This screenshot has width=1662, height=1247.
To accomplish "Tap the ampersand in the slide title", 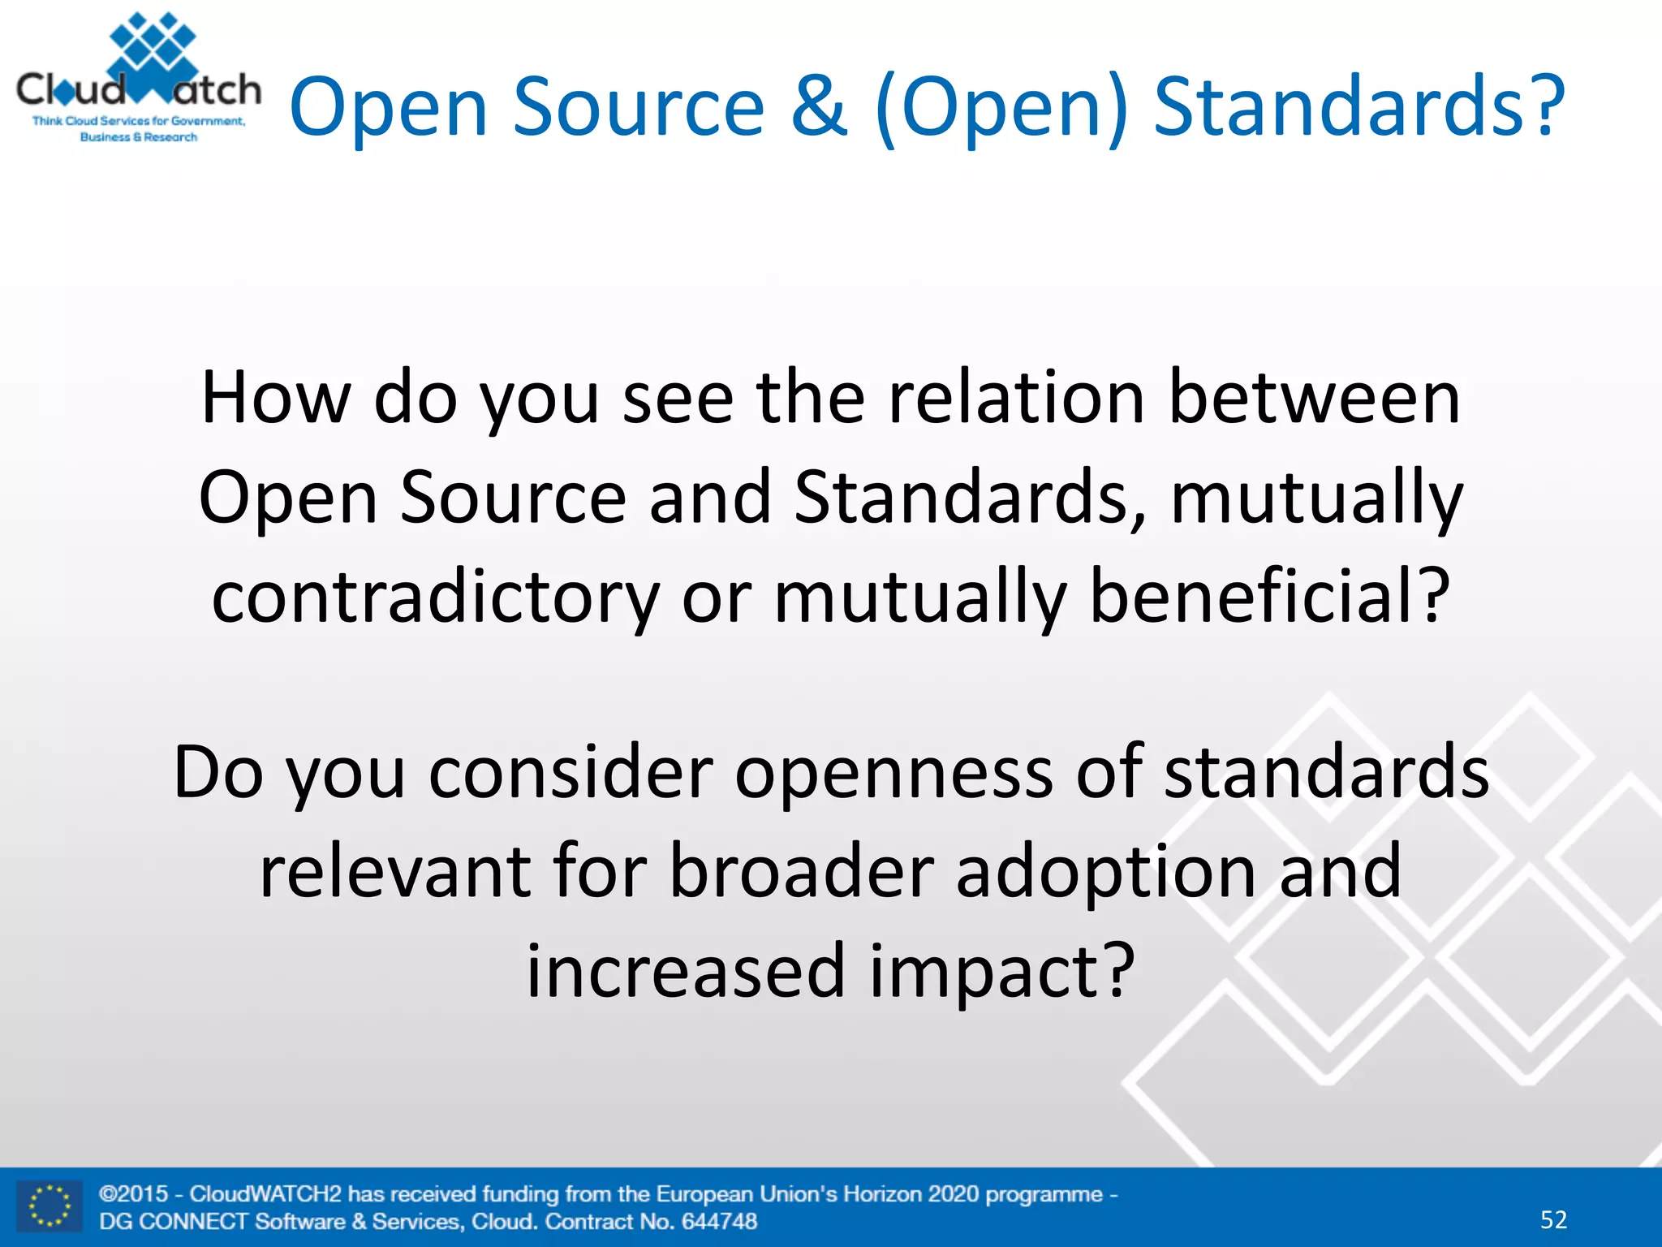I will pyautogui.click(x=820, y=106).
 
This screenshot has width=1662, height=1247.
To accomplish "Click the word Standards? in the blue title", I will pyautogui.click(x=1359, y=106).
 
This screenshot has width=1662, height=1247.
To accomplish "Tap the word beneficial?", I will pyautogui.click(x=1268, y=597).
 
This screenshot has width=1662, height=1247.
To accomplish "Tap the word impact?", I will pyautogui.click(x=1002, y=973).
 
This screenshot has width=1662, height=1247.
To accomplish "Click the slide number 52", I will pyautogui.click(x=1553, y=1219).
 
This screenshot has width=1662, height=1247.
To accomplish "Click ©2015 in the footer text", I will pyautogui.click(x=133, y=1193).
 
